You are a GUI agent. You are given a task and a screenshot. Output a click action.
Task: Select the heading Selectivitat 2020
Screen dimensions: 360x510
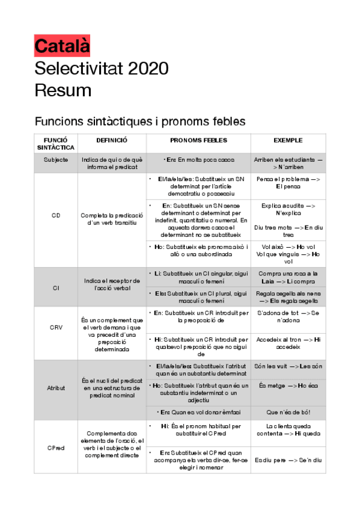click(x=102, y=67)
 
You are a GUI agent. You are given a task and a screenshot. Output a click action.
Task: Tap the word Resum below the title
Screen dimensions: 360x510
click(x=63, y=90)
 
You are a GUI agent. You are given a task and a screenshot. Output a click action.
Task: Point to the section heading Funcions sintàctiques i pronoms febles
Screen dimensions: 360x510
click(x=140, y=121)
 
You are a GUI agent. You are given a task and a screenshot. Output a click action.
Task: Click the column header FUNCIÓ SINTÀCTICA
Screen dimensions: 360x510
click(x=56, y=143)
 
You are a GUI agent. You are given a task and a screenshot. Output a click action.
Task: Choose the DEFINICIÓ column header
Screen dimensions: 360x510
click(x=112, y=140)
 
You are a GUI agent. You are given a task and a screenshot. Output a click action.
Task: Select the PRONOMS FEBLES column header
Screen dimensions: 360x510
click(x=198, y=140)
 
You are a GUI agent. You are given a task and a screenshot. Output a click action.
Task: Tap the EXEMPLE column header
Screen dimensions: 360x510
click(x=288, y=140)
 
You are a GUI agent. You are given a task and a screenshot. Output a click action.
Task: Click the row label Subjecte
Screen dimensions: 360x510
click(x=56, y=161)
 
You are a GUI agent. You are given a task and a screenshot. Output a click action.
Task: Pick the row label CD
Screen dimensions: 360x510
click(x=56, y=215)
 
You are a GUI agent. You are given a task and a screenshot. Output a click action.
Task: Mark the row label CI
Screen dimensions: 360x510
click(x=56, y=287)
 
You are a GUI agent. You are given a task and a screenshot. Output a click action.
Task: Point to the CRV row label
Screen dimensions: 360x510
click(x=56, y=328)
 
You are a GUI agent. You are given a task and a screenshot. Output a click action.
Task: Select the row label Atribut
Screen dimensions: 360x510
click(x=56, y=388)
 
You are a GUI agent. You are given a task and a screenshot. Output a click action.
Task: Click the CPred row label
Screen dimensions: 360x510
click(x=56, y=448)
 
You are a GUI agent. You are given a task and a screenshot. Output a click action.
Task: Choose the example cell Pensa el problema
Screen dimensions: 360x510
click(x=288, y=183)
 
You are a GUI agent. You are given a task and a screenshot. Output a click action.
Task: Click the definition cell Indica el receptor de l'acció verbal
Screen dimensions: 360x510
click(x=112, y=284)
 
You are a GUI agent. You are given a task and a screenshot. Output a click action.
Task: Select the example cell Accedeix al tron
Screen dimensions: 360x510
click(x=288, y=343)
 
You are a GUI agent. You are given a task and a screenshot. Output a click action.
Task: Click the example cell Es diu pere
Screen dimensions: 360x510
click(x=288, y=460)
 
